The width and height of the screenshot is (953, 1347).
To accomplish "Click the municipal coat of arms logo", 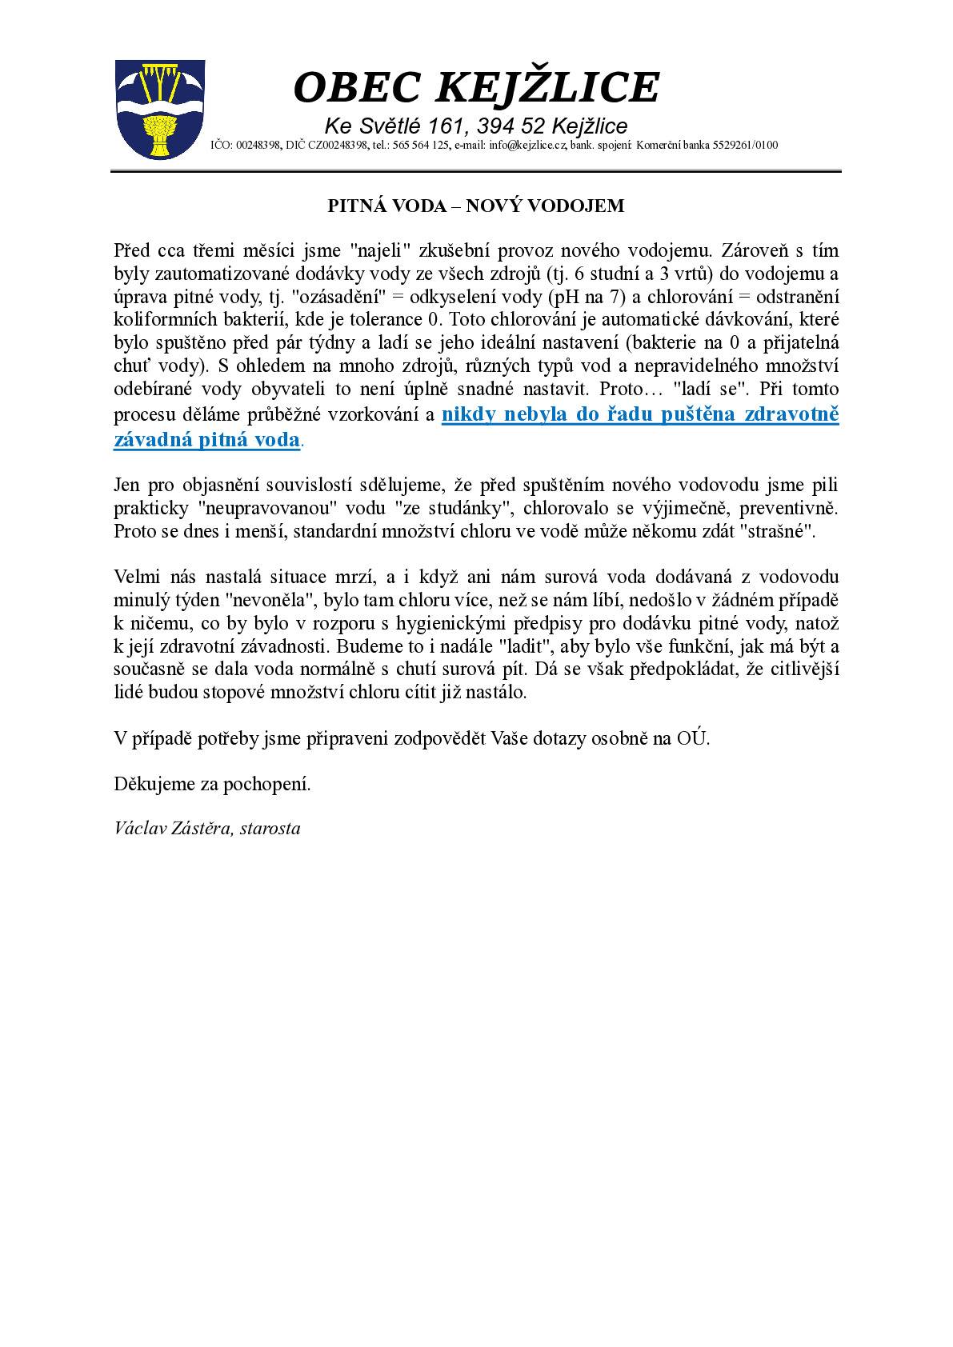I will pyautogui.click(x=160, y=109).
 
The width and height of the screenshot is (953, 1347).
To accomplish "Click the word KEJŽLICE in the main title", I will pyautogui.click(x=547, y=87).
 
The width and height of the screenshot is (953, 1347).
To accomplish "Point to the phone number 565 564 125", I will pyautogui.click(x=419, y=145).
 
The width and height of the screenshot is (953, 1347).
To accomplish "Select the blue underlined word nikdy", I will pyautogui.click(x=467, y=414).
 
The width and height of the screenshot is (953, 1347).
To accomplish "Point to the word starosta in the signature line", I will pyautogui.click(x=270, y=828).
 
